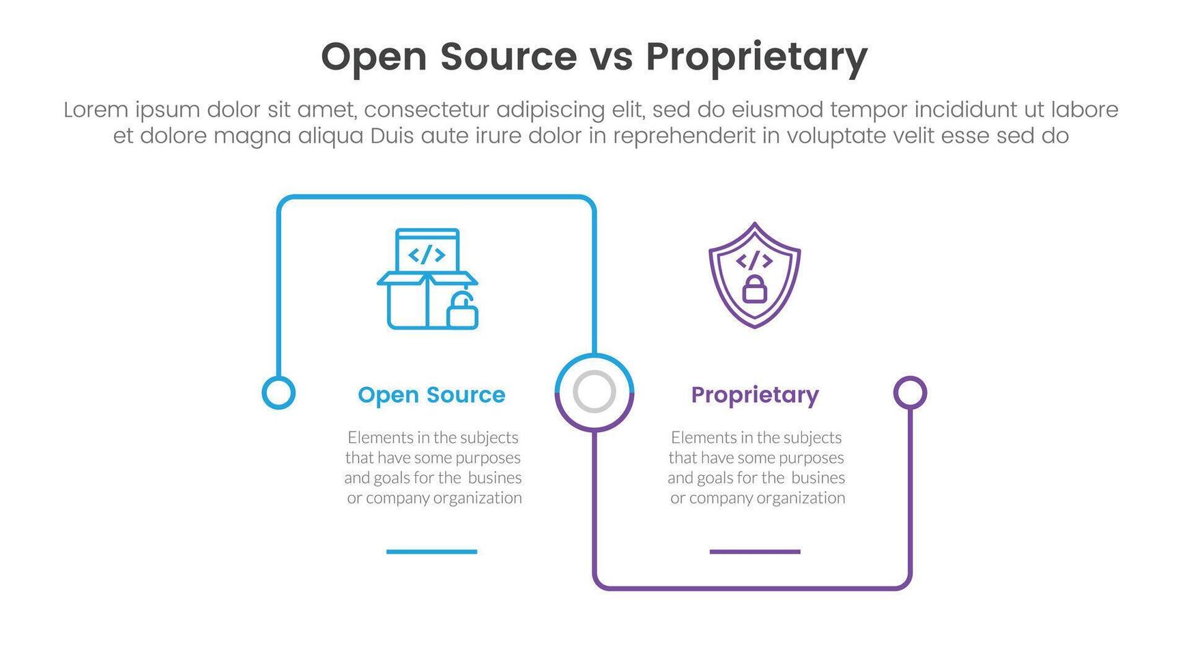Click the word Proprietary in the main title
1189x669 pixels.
[756, 57]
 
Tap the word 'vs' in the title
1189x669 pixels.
[611, 57]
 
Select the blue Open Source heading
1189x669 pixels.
[431, 395]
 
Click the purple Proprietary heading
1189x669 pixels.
[754, 395]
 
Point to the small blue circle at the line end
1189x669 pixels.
[278, 393]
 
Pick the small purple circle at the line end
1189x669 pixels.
[910, 393]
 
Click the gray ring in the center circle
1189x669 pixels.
[594, 392]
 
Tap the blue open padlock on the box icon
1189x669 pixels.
[462, 312]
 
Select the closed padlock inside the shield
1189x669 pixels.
[754, 289]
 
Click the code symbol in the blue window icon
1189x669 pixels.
[427, 255]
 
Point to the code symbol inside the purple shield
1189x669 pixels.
[754, 260]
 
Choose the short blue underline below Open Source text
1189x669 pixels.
[431, 552]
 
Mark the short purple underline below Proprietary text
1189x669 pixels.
[754, 552]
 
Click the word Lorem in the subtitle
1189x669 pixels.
[96, 110]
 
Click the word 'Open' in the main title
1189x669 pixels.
[373, 57]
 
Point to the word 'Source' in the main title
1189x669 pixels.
[508, 57]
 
